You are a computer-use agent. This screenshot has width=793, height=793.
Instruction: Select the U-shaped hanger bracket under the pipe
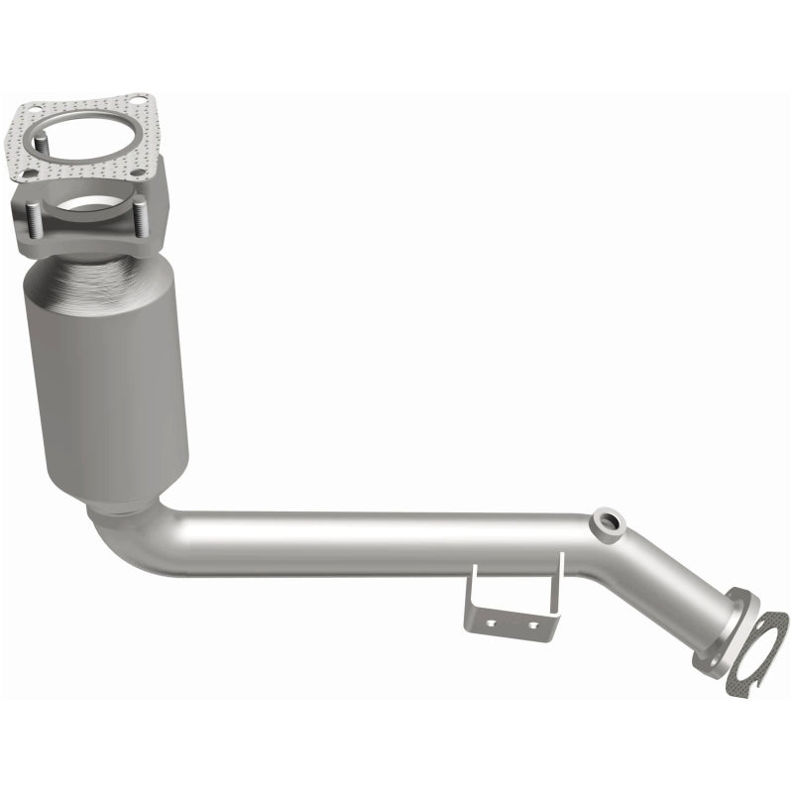515,600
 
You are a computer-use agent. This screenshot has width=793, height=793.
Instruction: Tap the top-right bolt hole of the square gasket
138,100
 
